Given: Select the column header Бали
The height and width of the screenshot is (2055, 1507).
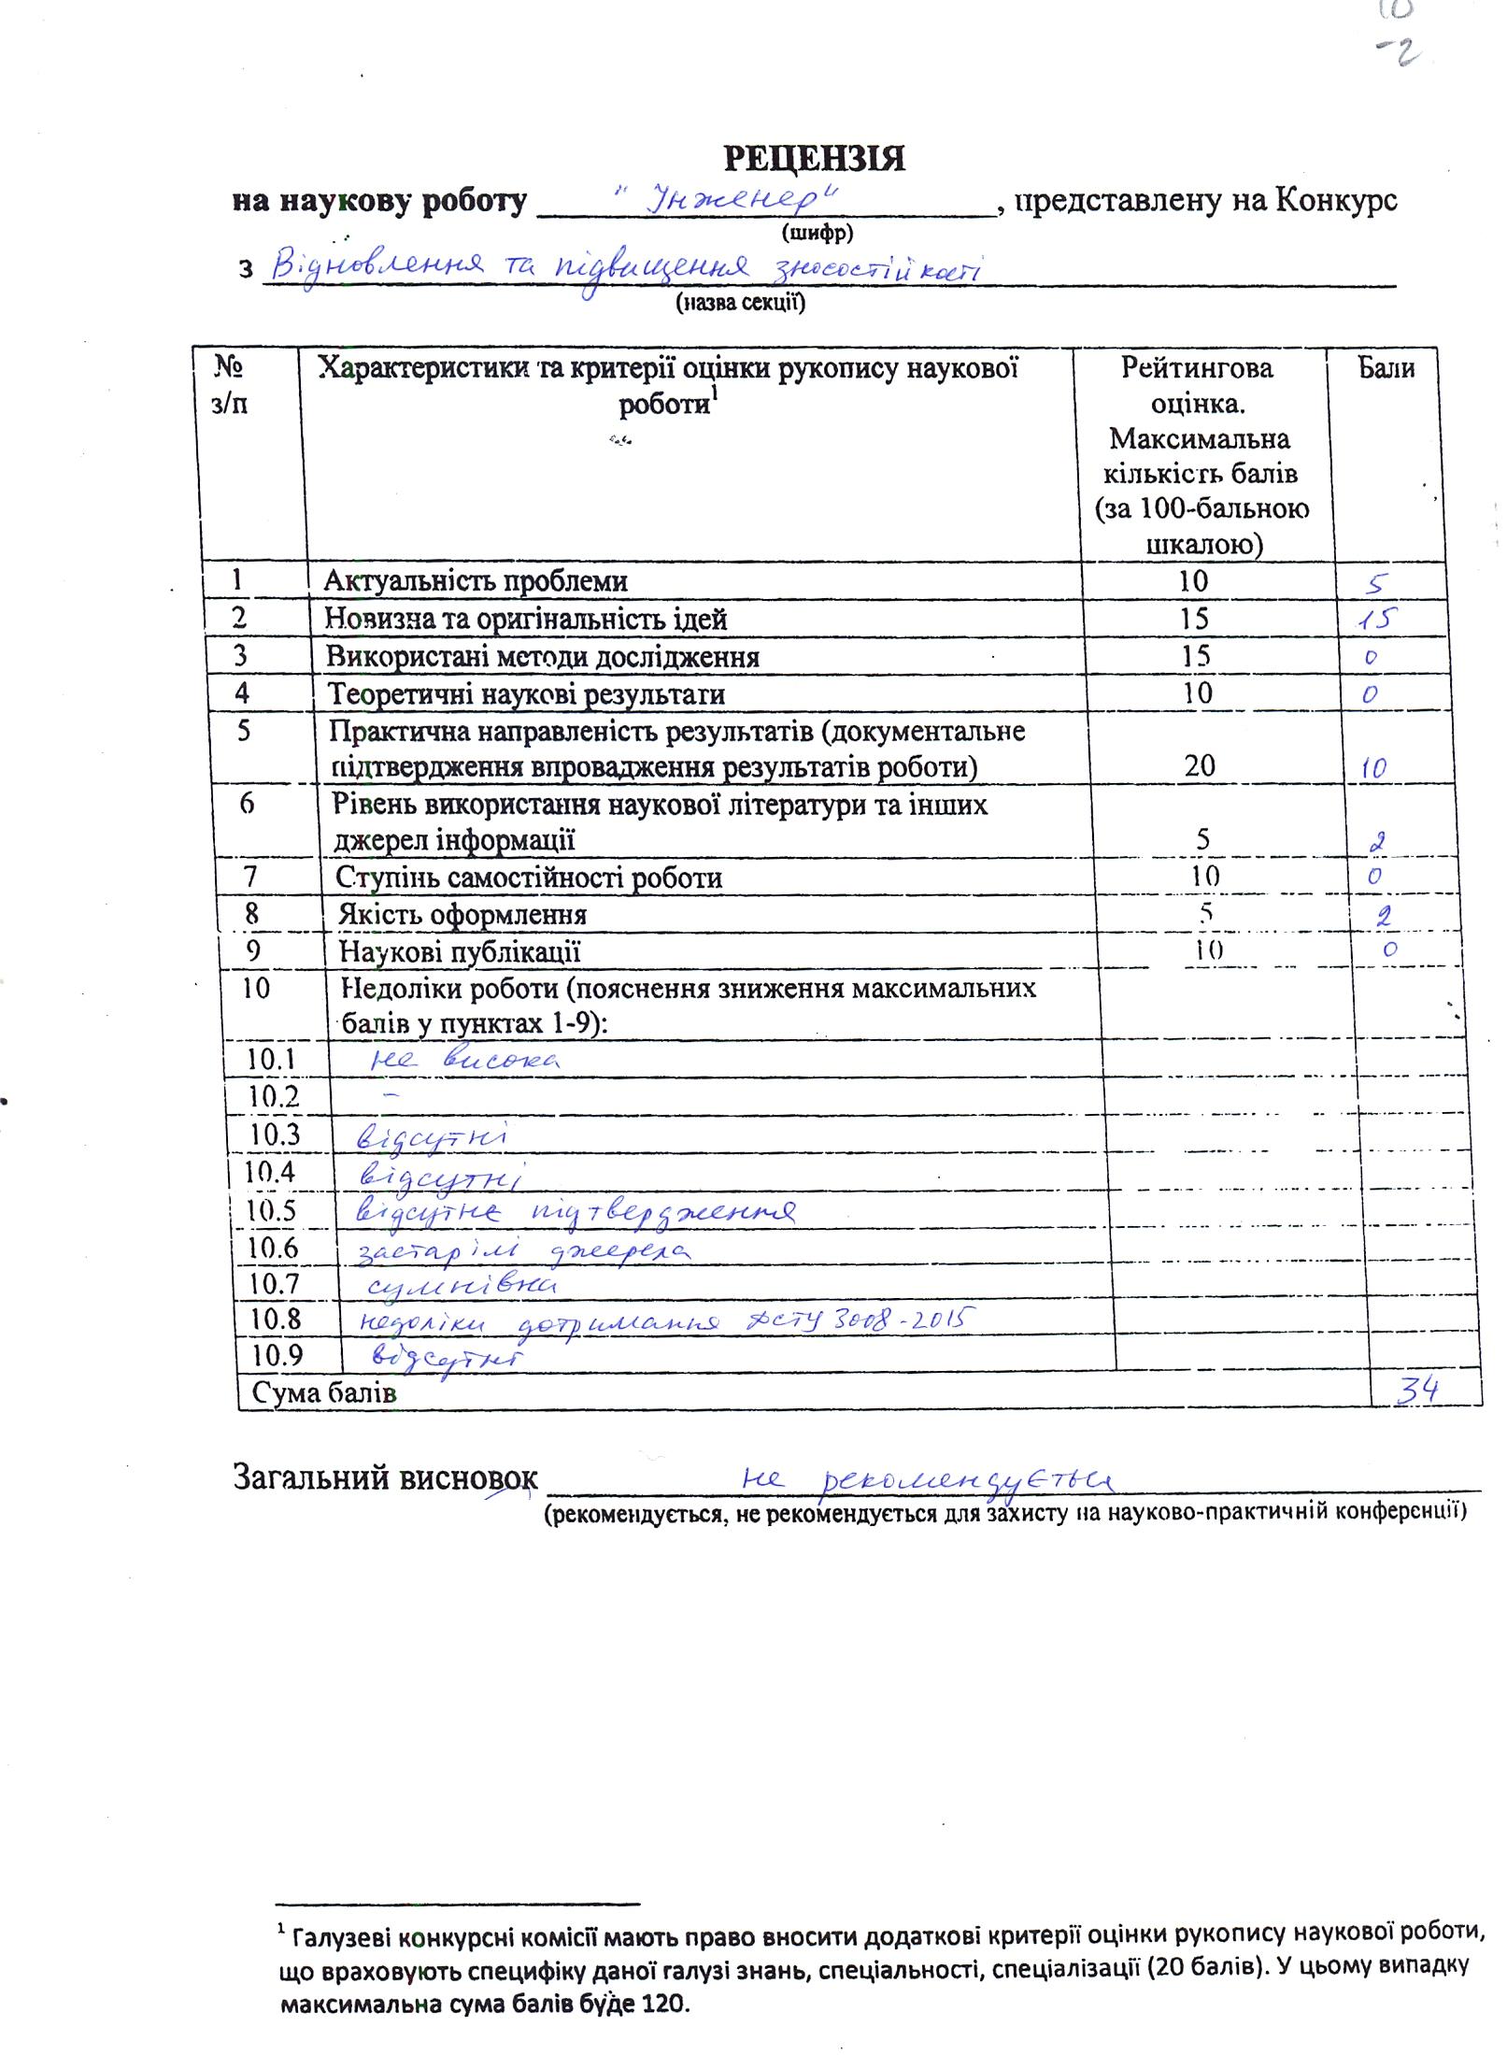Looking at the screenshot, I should click(1386, 368).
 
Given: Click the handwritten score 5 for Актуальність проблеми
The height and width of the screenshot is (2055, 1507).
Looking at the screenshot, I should click(1375, 584).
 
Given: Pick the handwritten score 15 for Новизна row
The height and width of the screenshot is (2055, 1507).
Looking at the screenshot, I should click(1379, 619).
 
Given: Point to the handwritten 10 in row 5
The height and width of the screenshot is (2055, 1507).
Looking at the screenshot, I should click(1372, 768).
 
